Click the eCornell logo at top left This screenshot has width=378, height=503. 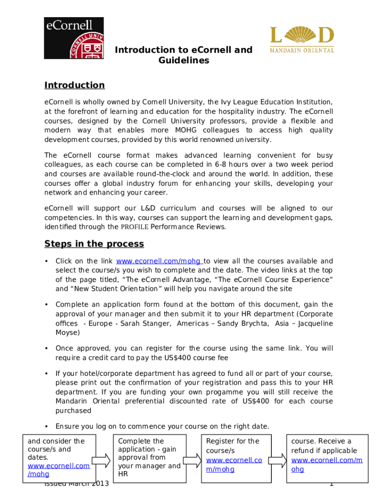point(74,38)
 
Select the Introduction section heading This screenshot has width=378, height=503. point(75,85)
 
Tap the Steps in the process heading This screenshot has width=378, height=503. point(94,244)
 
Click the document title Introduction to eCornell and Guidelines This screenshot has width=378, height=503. point(184,55)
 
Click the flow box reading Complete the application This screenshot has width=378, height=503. point(149,457)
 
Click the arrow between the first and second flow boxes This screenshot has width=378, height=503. point(102,460)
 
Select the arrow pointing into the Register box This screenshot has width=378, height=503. point(192,460)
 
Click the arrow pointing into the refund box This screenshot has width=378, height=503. point(278,460)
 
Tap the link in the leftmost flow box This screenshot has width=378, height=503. point(58,470)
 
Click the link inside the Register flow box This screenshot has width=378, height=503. point(234,465)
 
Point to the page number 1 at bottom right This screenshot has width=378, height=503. point(331,484)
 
